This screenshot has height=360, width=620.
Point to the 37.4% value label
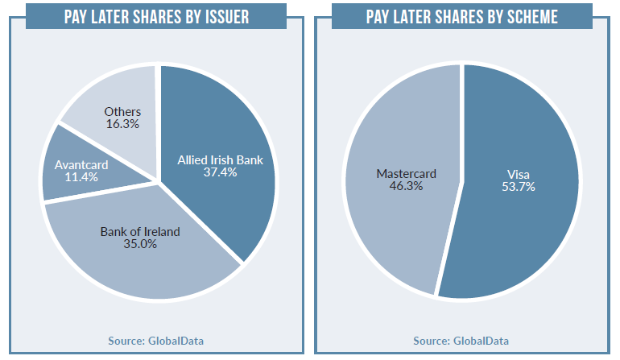pyautogui.click(x=219, y=172)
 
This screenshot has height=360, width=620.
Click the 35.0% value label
pyautogui.click(x=139, y=245)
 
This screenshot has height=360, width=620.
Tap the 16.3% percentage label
pyautogui.click(x=122, y=125)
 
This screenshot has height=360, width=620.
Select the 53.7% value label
pyautogui.click(x=519, y=187)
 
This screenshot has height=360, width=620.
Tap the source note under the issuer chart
pyautogui.click(x=156, y=341)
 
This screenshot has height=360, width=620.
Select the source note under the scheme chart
pyautogui.click(x=461, y=341)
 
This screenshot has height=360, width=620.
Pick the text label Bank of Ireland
pyautogui.click(x=140, y=232)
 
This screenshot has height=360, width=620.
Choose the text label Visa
pyautogui.click(x=519, y=174)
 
